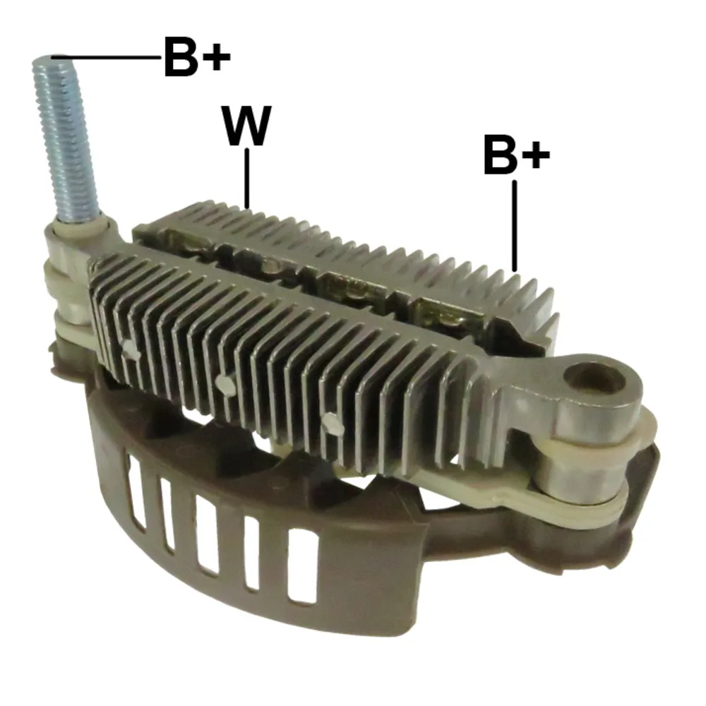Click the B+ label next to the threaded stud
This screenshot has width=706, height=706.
click(x=197, y=57)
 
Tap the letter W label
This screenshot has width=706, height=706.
click(x=247, y=126)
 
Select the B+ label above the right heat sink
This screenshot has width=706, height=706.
click(x=517, y=155)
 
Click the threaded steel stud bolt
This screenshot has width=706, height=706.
click(x=66, y=138)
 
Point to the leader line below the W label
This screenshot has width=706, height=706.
click(x=246, y=179)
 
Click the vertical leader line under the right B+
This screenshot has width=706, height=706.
click(x=515, y=226)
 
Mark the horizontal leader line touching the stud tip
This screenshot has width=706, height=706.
click(x=107, y=57)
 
